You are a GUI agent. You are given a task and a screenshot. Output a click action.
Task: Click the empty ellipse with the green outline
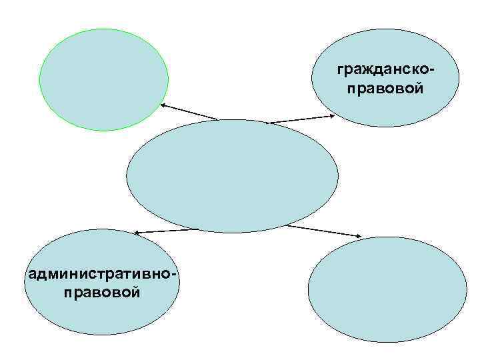click(x=103, y=79)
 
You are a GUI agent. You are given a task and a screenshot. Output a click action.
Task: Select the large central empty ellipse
click(x=231, y=176)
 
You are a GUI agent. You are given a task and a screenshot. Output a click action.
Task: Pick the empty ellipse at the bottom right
click(x=389, y=290)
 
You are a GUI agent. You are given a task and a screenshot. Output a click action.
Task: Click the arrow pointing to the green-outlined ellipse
click(x=189, y=112)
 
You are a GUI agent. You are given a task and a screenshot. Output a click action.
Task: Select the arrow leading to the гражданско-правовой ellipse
click(x=300, y=119)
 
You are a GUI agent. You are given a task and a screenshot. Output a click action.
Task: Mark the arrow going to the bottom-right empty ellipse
click(x=324, y=231)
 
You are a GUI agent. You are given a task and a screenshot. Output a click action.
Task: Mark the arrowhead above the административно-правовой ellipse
click(x=135, y=233)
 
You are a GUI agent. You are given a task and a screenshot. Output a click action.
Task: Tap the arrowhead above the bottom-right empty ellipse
click(x=361, y=237)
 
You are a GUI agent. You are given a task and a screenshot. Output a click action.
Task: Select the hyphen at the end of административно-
click(x=177, y=275)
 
